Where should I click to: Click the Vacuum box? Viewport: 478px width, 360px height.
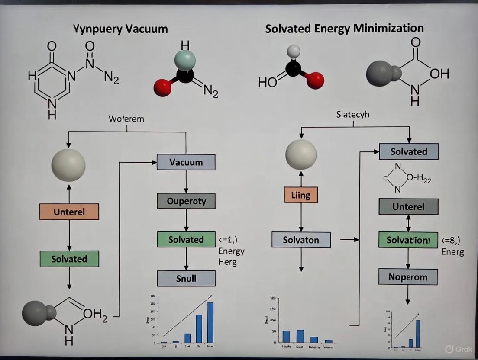point(186,162)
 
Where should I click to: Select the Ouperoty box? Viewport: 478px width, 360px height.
point(186,201)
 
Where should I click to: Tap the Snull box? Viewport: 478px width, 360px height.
point(186,278)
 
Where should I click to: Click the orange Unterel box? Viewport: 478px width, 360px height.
point(69,212)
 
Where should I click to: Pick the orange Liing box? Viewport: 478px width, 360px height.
point(300,195)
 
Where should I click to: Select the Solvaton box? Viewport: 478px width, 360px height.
point(301,240)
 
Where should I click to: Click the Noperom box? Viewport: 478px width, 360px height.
point(408,276)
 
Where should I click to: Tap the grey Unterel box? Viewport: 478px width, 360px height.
point(408,206)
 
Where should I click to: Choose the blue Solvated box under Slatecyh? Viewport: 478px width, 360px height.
point(409,151)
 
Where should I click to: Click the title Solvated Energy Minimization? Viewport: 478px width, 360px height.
point(344,29)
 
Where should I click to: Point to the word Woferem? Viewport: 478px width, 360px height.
point(126,118)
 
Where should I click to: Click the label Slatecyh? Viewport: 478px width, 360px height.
point(353,115)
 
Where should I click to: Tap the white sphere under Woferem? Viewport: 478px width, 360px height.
point(68,164)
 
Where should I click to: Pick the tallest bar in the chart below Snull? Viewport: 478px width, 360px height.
point(210,322)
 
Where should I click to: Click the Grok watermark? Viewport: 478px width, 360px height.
point(459,349)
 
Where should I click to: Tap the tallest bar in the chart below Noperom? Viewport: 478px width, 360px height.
point(418,333)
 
